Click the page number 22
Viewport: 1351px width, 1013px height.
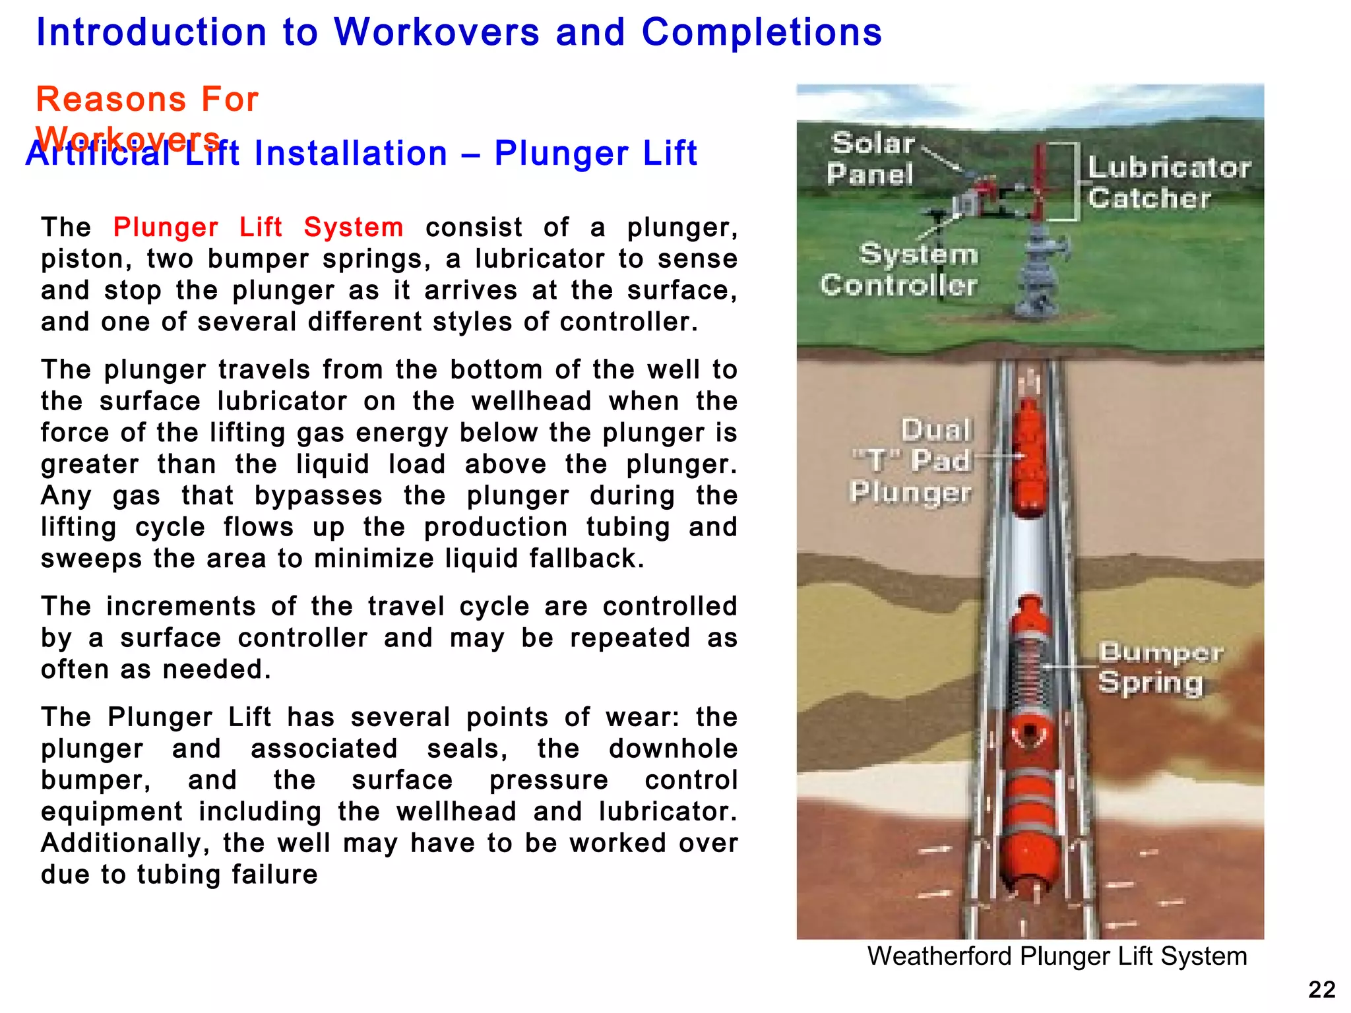[1321, 989]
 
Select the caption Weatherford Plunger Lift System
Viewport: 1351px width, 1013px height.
[1057, 956]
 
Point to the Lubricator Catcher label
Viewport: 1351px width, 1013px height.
[1168, 183]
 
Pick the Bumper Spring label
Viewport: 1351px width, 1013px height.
[1160, 667]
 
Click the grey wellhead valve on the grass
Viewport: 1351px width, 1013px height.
[1041, 270]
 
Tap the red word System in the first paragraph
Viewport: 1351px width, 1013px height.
[354, 227]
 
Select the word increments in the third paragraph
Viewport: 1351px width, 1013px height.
[181, 606]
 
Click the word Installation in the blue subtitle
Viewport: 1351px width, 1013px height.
[350, 153]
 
